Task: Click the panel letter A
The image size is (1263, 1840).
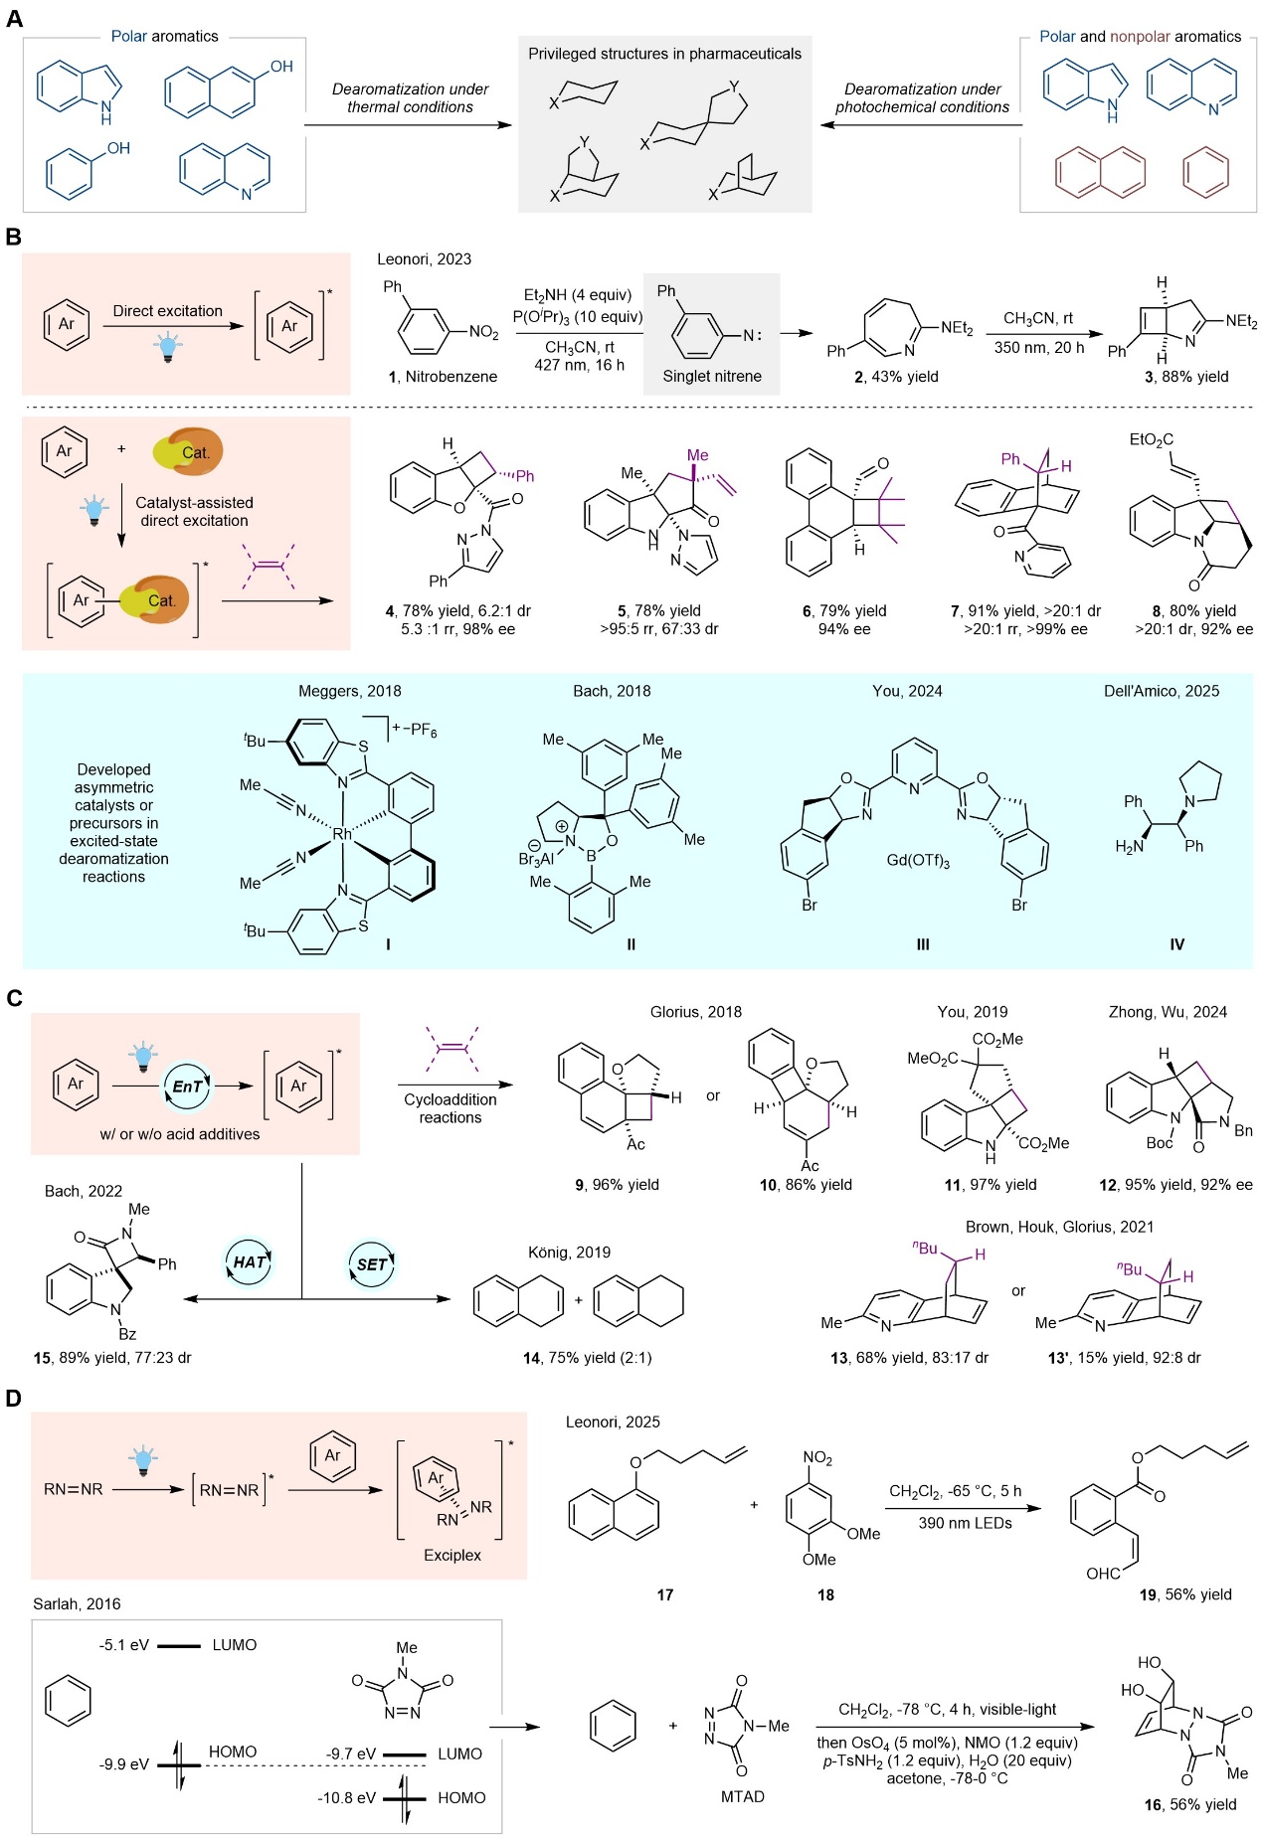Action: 14,18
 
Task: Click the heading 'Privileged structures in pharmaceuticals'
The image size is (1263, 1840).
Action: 664,54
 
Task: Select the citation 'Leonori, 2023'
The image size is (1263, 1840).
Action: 424,259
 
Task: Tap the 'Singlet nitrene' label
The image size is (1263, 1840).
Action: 712,376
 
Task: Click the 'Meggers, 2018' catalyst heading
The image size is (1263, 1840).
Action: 350,691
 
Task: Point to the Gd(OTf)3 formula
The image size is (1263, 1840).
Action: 918,860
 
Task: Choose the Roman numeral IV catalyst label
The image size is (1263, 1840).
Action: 1176,944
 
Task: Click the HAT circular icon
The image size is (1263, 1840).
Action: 249,1262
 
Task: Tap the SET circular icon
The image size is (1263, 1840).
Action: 372,1264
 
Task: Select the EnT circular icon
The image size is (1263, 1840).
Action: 187,1087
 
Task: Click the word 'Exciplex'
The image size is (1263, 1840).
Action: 452,1555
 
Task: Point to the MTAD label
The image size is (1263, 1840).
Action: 743,1796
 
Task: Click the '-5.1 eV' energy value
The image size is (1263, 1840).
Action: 124,1645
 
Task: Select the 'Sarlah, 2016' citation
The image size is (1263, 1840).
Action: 77,1603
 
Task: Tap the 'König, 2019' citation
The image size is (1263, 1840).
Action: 569,1253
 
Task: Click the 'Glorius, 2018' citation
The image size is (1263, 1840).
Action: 696,1012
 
